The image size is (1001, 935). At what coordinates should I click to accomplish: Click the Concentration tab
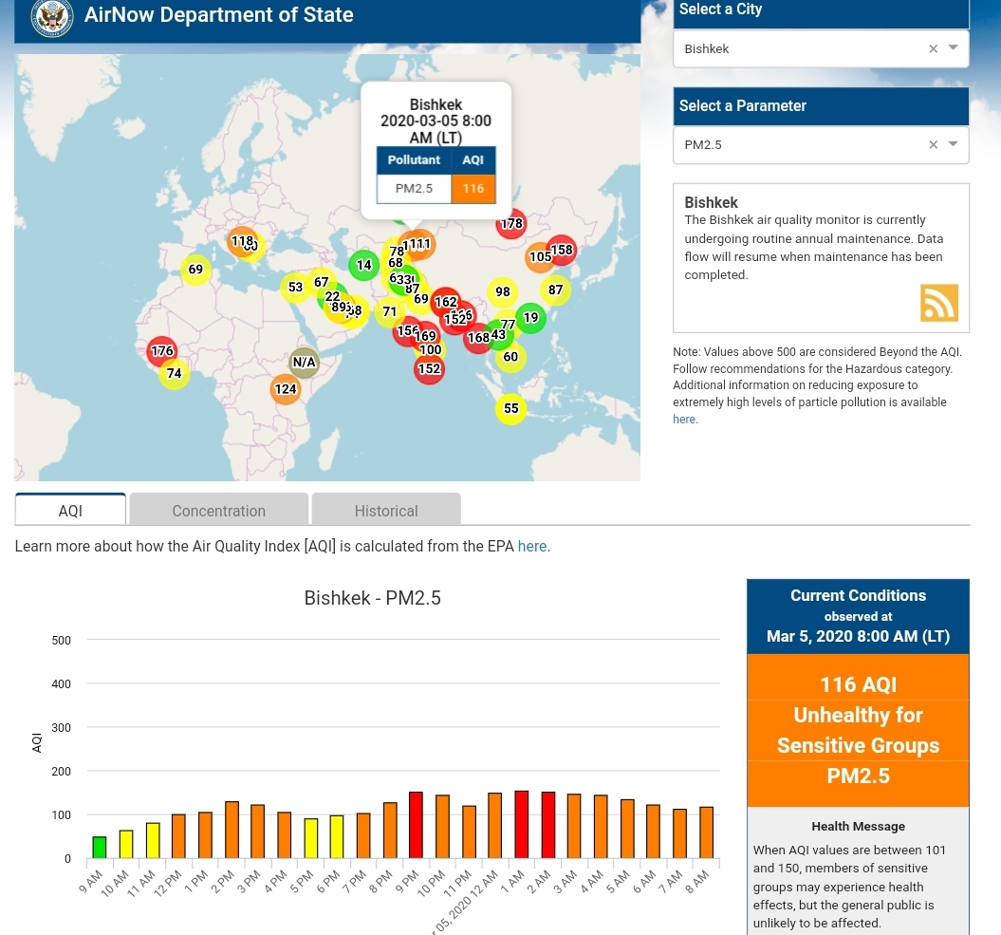click(218, 511)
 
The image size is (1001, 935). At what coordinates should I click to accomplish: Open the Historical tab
click(386, 511)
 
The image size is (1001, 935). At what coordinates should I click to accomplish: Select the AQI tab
click(70, 511)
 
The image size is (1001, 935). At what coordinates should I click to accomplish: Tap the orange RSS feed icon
click(938, 303)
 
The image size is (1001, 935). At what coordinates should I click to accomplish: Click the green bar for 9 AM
click(99, 848)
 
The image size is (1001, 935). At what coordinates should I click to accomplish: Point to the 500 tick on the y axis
click(62, 641)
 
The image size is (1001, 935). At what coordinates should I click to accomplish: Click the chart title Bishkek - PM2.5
click(372, 598)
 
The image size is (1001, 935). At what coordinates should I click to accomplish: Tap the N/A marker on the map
click(304, 362)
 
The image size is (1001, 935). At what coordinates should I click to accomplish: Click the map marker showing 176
click(162, 351)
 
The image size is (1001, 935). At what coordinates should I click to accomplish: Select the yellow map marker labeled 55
click(511, 408)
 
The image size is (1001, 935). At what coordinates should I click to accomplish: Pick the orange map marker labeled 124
click(286, 388)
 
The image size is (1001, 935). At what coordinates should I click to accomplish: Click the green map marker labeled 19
click(530, 318)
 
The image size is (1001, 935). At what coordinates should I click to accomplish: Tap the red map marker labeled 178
click(511, 224)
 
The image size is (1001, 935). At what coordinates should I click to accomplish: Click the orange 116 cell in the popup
click(473, 188)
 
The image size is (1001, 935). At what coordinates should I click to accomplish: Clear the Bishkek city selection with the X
click(933, 48)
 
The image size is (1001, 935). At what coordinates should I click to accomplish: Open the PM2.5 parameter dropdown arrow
click(954, 144)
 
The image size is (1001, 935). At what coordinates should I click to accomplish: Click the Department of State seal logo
click(52, 17)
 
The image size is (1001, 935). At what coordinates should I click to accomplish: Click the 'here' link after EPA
click(531, 546)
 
